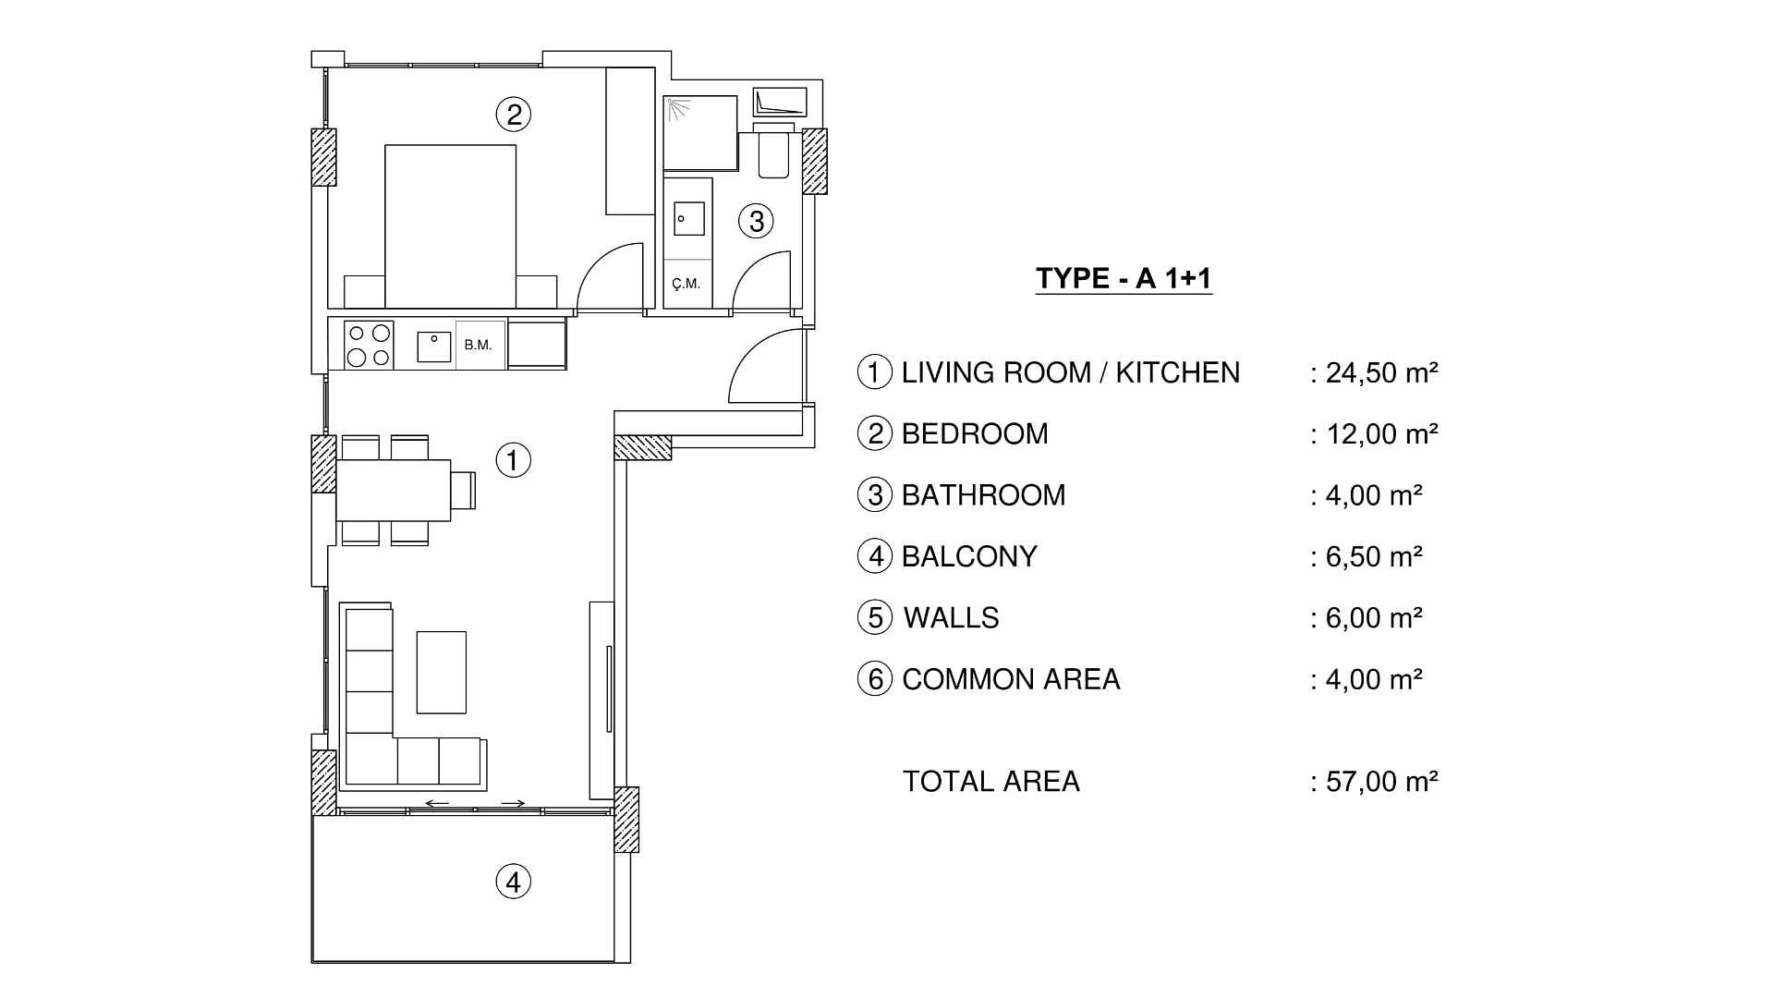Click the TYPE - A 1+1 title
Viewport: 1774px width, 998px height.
coord(1123,278)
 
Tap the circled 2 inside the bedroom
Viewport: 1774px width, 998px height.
coord(514,115)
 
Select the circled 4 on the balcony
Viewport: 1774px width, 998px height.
coord(514,882)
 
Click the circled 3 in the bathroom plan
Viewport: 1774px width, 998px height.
coord(757,221)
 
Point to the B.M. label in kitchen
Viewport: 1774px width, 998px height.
coord(479,346)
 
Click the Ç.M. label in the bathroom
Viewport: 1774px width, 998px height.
coord(687,284)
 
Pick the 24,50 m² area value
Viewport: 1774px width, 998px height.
coord(1380,372)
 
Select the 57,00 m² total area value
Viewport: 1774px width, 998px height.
coord(1380,782)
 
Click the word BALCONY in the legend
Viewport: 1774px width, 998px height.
coord(969,556)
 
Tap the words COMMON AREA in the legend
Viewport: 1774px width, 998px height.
coord(1011,679)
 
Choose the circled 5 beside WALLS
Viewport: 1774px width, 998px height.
coord(875,617)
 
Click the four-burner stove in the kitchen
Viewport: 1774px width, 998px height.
coord(369,346)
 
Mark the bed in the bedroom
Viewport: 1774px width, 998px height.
coord(450,225)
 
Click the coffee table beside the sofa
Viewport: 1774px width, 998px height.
coord(441,672)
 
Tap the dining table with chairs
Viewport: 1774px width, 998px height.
coord(394,491)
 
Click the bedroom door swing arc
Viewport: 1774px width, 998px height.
coord(611,277)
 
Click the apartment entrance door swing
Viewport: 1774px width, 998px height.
coord(766,368)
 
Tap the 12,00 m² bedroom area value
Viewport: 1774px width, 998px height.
coord(1380,433)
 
